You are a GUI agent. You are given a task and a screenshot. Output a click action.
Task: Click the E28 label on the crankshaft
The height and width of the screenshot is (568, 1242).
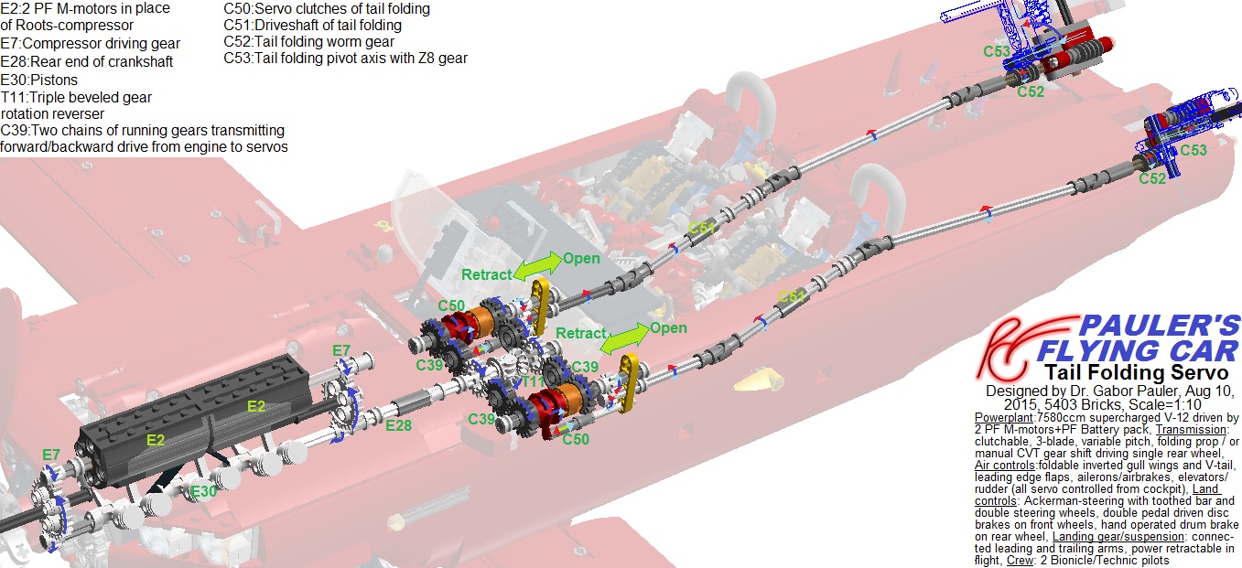coord(399,425)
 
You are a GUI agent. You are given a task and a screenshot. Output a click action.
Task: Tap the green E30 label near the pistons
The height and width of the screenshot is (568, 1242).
coord(203,491)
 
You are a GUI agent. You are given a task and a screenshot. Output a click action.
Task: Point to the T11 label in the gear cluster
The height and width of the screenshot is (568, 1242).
coord(533,381)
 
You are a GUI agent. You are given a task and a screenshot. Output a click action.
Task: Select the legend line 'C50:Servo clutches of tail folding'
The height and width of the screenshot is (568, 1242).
coord(327,9)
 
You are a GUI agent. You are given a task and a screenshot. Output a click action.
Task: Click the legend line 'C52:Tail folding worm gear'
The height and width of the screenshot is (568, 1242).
coord(308,41)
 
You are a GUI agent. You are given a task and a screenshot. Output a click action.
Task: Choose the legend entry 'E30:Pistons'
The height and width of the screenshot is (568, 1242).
coord(38,80)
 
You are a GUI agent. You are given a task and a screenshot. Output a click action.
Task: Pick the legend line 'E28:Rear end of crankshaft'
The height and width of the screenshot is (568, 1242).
coord(87,61)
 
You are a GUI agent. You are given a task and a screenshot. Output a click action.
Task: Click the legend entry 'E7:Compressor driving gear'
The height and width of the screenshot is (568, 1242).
coord(90,43)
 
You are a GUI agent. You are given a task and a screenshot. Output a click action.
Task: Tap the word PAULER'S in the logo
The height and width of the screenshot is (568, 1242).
coord(1160,326)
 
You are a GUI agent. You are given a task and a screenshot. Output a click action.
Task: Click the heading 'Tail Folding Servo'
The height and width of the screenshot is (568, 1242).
coord(1137,372)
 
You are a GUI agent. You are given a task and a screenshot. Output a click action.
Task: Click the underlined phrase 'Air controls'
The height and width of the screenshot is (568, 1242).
coord(1005,466)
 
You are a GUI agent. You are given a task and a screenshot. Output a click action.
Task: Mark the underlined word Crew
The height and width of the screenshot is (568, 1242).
coord(1021,561)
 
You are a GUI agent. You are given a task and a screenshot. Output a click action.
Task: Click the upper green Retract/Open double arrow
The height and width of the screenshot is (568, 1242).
coord(537,265)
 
